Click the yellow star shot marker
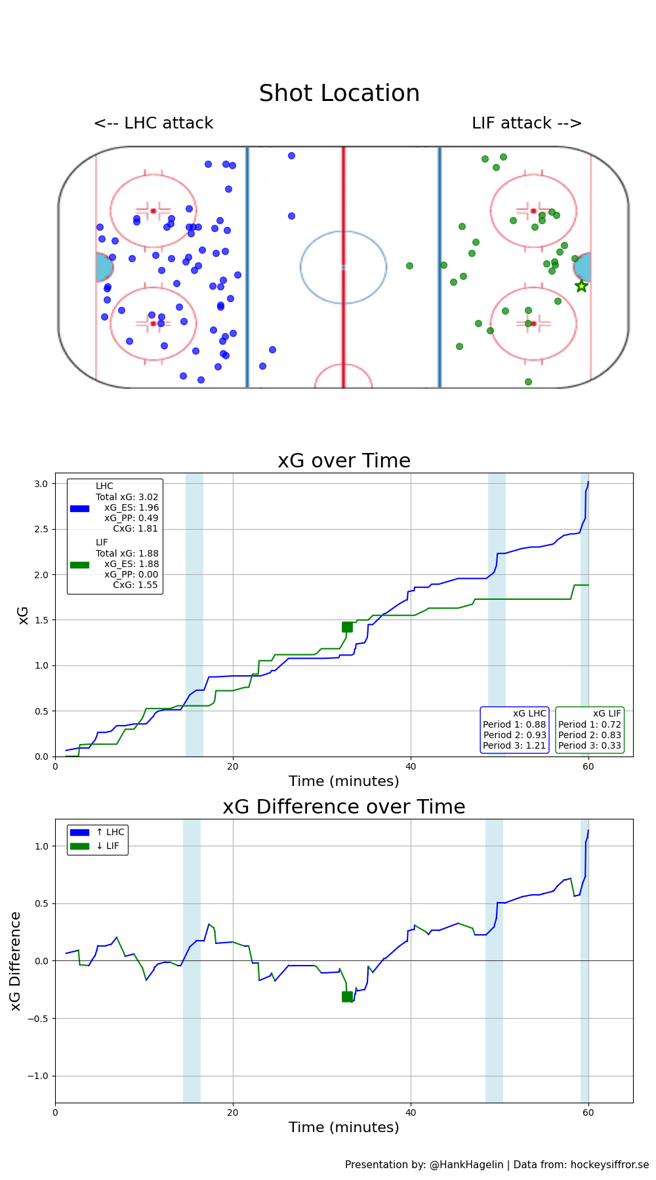click(581, 286)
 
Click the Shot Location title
click(339, 93)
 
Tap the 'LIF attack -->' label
click(526, 123)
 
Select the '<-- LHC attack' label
click(154, 123)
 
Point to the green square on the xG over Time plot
click(347, 627)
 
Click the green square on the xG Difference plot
click(347, 996)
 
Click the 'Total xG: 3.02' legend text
click(127, 497)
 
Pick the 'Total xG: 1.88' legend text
click(127, 553)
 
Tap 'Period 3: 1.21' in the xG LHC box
click(514, 745)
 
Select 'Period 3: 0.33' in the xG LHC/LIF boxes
click(589, 745)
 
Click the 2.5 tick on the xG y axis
click(41, 529)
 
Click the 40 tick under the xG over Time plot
click(411, 766)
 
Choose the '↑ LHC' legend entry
click(110, 833)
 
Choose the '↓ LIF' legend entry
click(108, 846)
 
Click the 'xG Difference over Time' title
click(344, 807)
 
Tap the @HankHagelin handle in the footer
click(466, 1165)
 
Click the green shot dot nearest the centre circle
click(409, 265)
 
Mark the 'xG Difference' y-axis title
click(16, 960)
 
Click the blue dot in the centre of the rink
click(291, 216)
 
